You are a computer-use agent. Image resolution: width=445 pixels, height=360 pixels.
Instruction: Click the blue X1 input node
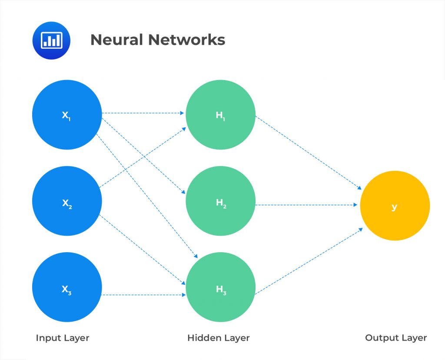point(67,115)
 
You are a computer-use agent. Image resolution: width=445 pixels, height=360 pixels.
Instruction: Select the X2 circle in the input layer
point(67,202)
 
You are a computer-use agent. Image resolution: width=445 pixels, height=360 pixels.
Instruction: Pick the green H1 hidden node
point(220,115)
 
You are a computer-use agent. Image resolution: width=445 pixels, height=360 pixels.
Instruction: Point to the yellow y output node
point(395,206)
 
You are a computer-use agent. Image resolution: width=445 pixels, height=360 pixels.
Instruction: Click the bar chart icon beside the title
point(52,40)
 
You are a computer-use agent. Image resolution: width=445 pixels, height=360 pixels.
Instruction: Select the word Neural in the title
point(116,40)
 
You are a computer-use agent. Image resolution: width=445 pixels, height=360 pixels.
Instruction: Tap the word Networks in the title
point(186,40)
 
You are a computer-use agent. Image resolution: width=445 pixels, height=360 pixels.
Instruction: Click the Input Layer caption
point(63,338)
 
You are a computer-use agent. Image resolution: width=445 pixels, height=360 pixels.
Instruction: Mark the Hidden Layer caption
point(219,338)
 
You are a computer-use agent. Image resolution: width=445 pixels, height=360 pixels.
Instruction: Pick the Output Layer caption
point(396,338)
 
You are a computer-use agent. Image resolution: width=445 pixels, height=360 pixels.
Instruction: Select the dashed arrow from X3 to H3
point(143,295)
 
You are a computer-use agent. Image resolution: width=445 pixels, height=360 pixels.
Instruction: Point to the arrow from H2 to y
point(309,204)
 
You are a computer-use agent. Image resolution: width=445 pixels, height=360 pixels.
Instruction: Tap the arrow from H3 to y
point(309,260)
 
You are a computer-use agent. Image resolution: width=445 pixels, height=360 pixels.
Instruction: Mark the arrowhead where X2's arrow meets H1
point(184,129)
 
